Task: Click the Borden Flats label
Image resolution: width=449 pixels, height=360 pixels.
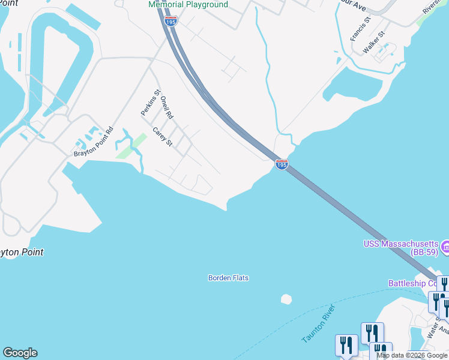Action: (x=228, y=278)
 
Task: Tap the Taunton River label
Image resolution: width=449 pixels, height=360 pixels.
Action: (x=319, y=324)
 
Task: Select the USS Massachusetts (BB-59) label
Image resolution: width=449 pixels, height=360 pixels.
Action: (x=401, y=248)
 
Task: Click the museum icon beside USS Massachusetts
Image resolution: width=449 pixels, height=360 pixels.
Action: (x=445, y=246)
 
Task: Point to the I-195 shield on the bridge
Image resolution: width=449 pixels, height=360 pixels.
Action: (x=282, y=164)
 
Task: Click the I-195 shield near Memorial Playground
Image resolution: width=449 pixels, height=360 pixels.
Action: (x=170, y=22)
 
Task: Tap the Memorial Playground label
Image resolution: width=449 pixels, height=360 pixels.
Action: (x=188, y=5)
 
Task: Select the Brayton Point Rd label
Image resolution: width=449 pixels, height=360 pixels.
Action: (x=94, y=142)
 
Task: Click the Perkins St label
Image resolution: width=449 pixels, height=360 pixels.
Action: (x=151, y=103)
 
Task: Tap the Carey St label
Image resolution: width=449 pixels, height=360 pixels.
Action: (x=162, y=137)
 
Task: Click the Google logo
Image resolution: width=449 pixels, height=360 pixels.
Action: (x=20, y=353)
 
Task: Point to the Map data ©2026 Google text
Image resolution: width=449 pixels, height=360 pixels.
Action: (x=412, y=355)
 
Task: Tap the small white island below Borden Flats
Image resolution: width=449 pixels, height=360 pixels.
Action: (x=286, y=298)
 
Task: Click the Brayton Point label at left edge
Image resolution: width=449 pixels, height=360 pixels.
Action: (x=22, y=253)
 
